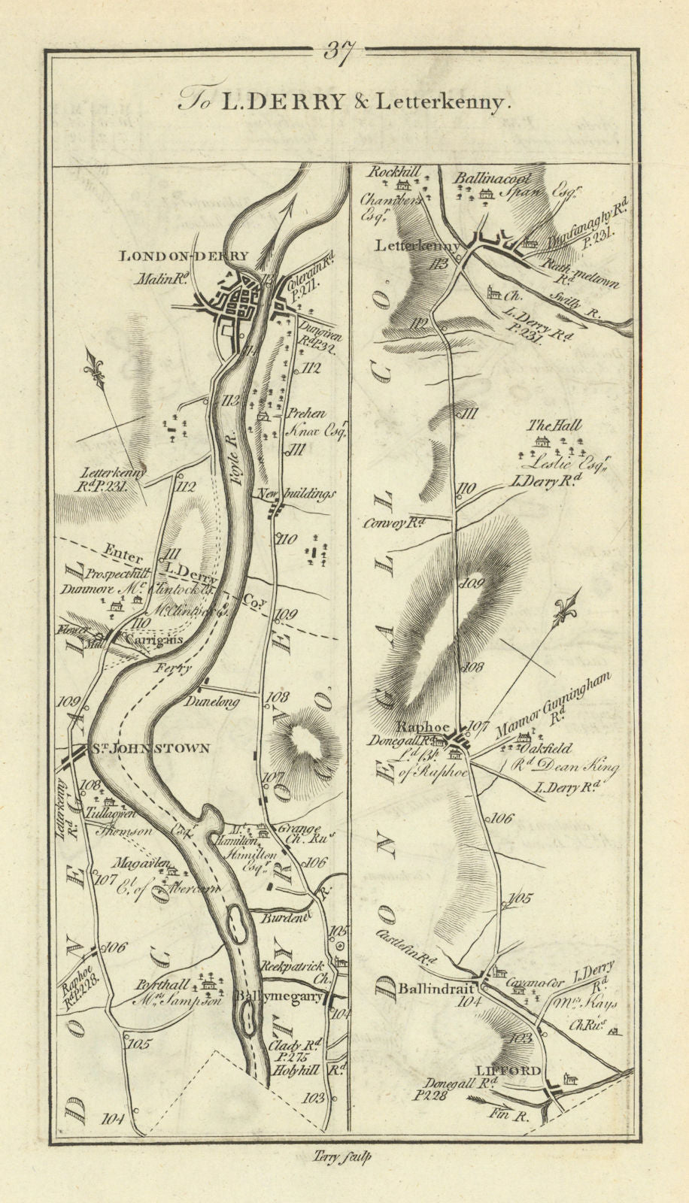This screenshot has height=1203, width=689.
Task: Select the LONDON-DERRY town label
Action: coord(184,256)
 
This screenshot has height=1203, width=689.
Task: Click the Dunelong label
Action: coord(215,701)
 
